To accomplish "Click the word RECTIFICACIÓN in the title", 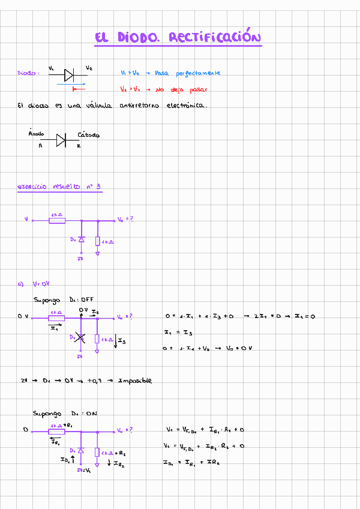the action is point(215,38).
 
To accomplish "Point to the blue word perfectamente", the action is point(198,73).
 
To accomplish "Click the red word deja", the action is point(179,89).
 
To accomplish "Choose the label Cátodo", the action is point(88,134).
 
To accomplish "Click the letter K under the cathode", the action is point(79,145).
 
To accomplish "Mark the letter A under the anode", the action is point(40,145).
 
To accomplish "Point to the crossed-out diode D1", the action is point(80,339).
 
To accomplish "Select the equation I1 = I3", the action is point(178,332).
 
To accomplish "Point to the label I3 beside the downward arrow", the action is point(122,342).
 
